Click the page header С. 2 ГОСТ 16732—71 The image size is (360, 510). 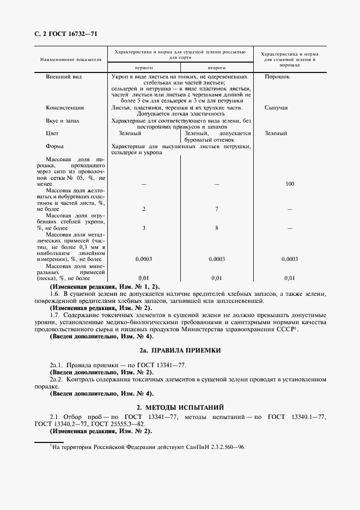[62, 34]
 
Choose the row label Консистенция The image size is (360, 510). [65, 108]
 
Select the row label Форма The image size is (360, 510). [54, 146]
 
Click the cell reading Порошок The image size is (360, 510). [277, 77]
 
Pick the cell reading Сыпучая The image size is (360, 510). [276, 108]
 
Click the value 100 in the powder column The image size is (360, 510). [290, 184]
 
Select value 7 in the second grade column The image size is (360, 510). [217, 209]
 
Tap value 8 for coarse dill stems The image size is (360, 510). [217, 228]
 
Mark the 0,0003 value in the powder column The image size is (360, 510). [290, 259]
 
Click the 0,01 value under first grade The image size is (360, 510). [144, 278]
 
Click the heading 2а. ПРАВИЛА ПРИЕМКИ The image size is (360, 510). [180, 350]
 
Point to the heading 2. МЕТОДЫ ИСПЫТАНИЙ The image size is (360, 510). [180, 407]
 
